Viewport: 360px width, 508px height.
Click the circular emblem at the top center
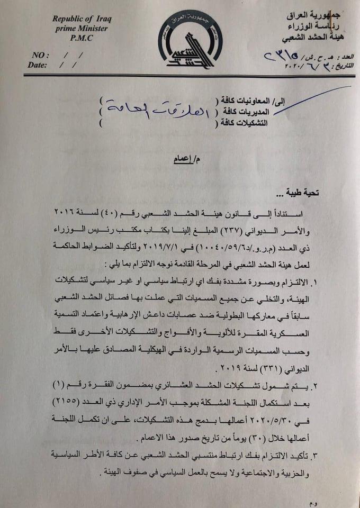[x=190, y=42]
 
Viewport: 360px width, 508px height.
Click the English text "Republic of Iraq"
[x=82, y=19]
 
